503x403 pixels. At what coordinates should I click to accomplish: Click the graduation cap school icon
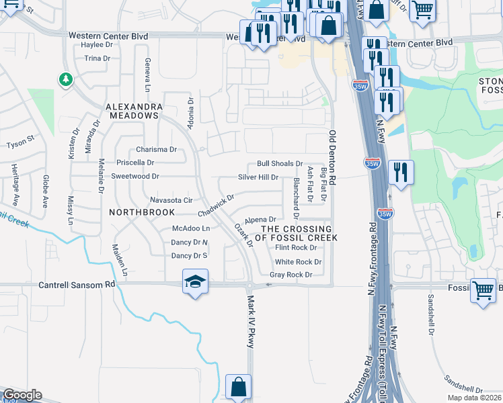(195, 282)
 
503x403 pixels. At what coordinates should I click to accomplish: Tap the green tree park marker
(65, 81)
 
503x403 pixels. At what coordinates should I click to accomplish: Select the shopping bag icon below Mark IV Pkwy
(238, 388)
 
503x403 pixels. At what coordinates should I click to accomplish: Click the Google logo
(22, 396)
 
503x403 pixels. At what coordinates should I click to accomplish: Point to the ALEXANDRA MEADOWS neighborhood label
(133, 111)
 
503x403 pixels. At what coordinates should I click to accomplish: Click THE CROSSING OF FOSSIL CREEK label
(296, 233)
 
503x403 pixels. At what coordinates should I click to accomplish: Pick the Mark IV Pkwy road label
(251, 322)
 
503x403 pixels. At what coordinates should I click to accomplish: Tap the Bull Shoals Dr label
(280, 164)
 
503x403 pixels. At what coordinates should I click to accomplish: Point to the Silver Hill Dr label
(258, 177)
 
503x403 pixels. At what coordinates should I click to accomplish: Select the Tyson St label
(20, 144)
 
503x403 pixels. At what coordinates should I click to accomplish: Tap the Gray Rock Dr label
(291, 275)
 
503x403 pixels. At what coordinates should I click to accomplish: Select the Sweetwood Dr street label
(135, 177)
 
